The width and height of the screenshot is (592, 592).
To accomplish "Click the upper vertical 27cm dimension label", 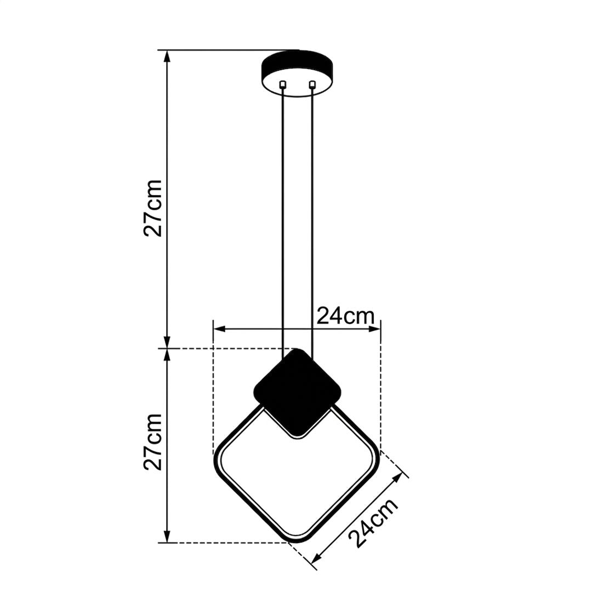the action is (153, 208).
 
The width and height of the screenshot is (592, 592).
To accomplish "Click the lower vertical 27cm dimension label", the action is (153, 441).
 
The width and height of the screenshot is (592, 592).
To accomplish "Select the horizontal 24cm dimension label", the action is (345, 316).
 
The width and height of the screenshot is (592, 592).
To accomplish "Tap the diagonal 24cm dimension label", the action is (373, 523).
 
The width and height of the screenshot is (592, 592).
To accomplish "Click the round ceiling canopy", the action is (297, 73).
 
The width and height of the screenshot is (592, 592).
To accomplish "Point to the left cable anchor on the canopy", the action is (282, 84).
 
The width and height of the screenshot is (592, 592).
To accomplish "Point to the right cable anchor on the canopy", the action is (312, 84).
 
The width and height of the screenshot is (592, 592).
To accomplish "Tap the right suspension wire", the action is (312, 223).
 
